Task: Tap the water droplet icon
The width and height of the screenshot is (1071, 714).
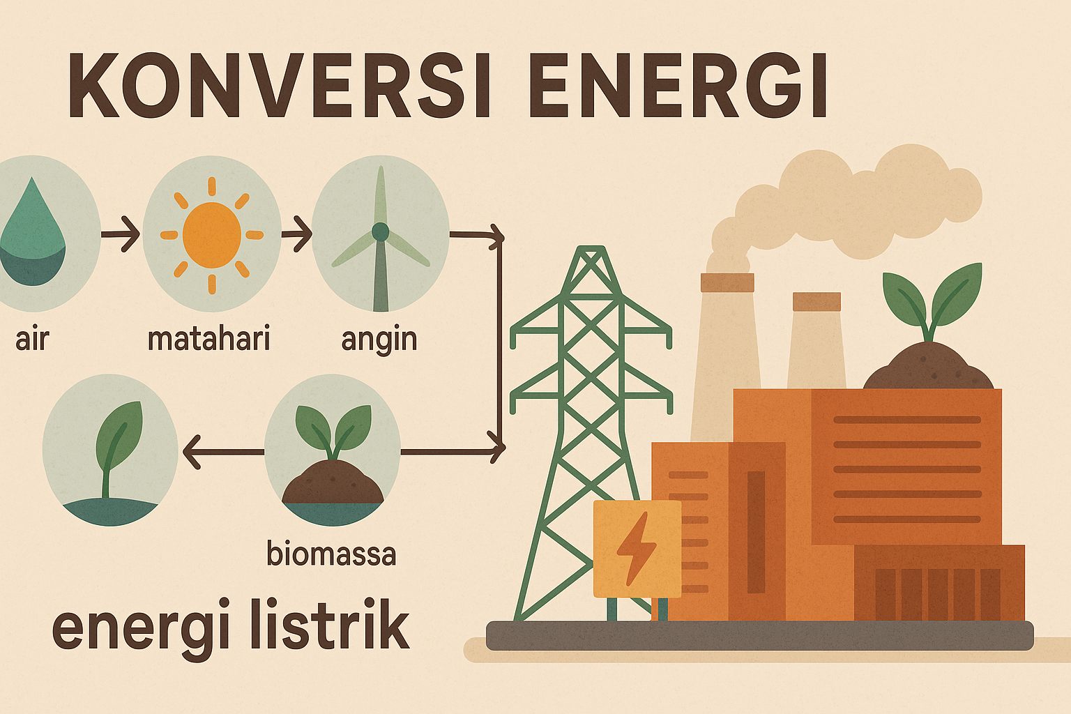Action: coord(33,232)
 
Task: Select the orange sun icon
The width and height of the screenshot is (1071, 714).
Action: coord(212,235)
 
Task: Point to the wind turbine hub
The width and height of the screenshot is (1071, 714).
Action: coord(381,231)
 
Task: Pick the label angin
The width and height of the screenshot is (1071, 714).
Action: coord(379,340)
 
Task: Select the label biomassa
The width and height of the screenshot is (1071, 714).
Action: coord(331,554)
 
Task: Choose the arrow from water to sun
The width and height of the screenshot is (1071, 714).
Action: coord(120,234)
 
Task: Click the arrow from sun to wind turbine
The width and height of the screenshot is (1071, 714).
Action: coord(297,234)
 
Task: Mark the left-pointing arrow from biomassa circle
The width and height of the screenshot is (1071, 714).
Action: coord(223,452)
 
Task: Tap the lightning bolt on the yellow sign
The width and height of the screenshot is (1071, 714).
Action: coord(637,548)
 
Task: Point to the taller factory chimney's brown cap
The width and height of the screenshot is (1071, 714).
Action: coord(727,282)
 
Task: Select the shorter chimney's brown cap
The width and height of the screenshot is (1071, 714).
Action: coord(816,302)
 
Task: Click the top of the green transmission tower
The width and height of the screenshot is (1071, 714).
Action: coord(591,248)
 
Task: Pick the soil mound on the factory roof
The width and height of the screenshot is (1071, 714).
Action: coord(928,365)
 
